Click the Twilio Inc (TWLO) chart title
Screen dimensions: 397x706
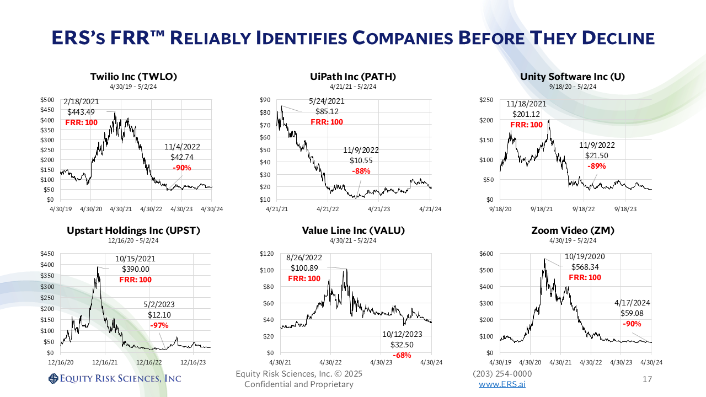click(x=133, y=77)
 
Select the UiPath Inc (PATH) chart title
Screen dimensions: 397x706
click(x=353, y=77)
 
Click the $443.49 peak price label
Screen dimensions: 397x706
click(x=81, y=112)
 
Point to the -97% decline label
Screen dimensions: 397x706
click(x=160, y=325)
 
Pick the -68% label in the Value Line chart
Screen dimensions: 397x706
click(x=402, y=355)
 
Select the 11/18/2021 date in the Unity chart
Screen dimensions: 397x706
click(x=527, y=103)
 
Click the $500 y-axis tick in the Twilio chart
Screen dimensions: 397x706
click(x=47, y=100)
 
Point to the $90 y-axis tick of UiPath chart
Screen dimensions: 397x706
click(x=265, y=100)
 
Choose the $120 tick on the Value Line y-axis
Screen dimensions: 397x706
click(x=266, y=254)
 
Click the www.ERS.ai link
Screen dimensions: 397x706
click(x=502, y=384)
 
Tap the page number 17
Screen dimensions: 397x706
click(x=648, y=379)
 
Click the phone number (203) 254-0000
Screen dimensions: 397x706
click(x=502, y=374)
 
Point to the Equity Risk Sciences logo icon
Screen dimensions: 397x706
click(x=53, y=378)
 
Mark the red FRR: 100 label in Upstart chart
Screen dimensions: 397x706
click(x=135, y=280)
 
